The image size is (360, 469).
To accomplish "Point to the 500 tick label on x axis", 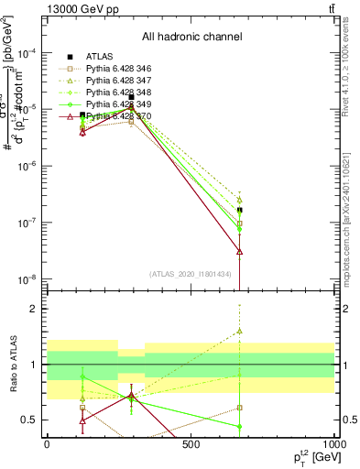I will coord(191,444).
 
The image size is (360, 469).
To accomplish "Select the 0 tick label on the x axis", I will coord(47,444).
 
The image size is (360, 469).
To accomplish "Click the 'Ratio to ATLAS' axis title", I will coord(12,365).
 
